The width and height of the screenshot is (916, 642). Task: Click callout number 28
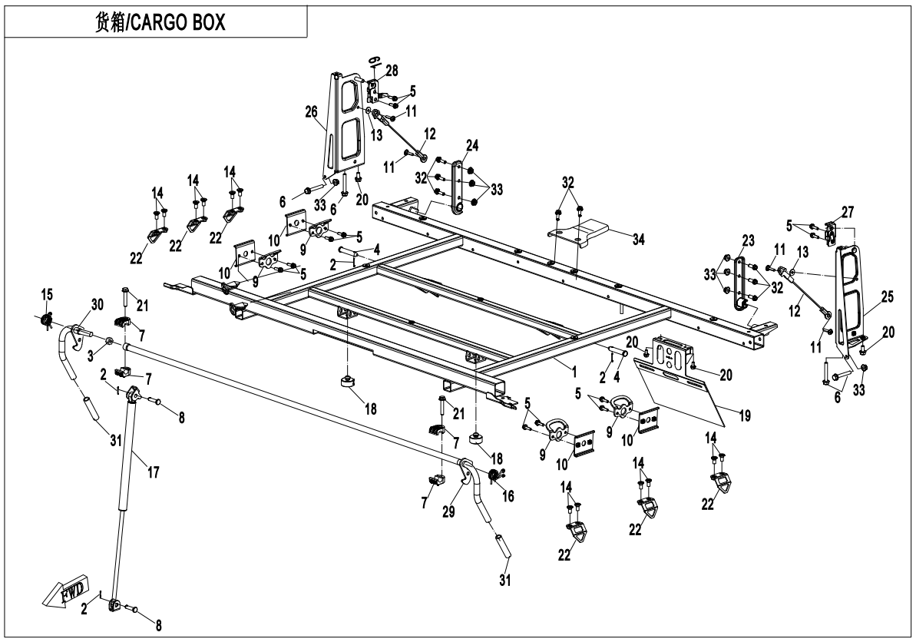click(392, 71)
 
